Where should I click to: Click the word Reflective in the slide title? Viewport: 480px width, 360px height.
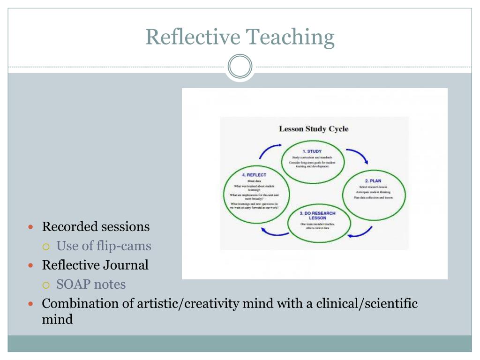pos(193,37)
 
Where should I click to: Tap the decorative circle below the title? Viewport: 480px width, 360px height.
pos(240,67)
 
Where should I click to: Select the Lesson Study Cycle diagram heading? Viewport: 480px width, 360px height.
pos(314,129)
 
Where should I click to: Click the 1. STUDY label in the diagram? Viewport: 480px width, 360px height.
pos(312,151)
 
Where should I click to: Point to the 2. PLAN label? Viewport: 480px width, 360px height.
pos(373,180)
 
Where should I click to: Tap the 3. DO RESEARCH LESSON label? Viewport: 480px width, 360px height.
pos(317,216)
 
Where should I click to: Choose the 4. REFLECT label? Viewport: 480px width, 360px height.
pos(254,175)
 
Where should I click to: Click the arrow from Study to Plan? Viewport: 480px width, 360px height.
pos(357,156)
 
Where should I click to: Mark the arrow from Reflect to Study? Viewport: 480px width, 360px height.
pos(270,151)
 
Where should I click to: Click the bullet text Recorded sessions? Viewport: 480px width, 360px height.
pos(96,227)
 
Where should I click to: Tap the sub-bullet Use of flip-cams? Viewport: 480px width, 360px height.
pos(104,246)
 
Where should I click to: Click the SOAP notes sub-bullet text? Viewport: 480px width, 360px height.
pos(91,285)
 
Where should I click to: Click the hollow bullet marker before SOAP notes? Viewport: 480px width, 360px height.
pos(46,285)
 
